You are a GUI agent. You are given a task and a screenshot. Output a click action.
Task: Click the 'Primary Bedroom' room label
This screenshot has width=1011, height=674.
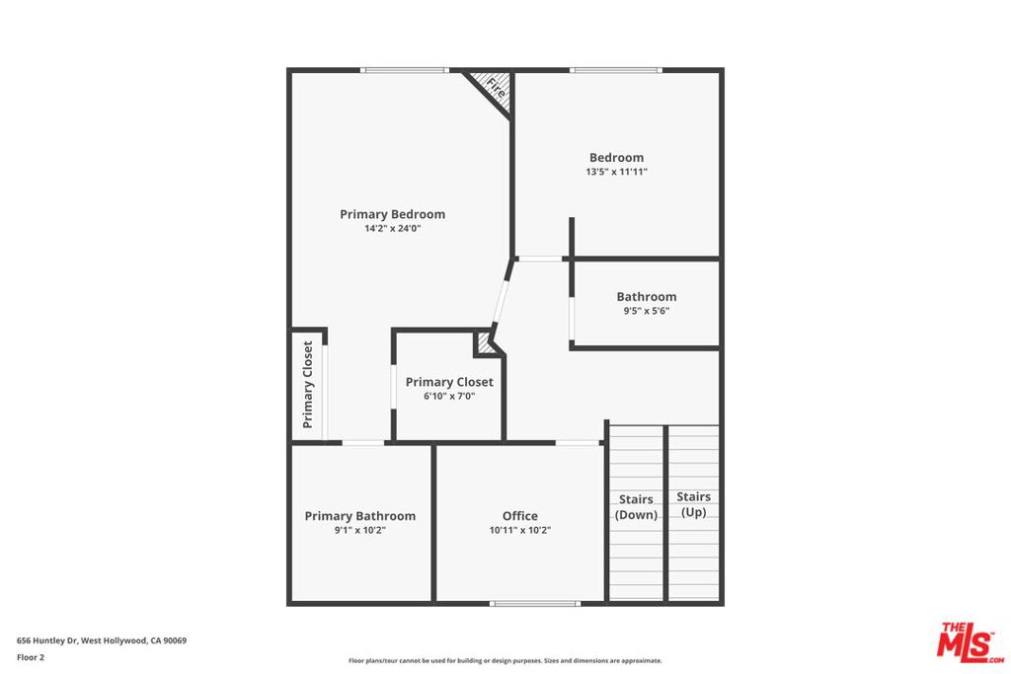(392, 214)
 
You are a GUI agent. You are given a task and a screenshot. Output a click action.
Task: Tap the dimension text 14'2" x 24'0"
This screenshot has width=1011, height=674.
(392, 229)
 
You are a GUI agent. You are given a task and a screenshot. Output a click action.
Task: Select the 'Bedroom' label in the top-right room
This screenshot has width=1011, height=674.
(616, 157)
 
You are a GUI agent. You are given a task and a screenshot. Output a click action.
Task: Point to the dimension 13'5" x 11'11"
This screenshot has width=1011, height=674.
(616, 172)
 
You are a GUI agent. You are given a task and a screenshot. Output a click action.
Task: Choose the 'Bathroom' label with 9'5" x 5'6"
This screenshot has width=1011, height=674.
(647, 296)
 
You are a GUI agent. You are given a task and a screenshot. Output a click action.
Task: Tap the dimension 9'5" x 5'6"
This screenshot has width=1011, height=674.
(647, 311)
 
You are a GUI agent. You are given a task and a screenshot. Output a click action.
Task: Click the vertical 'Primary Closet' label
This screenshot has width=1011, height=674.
(308, 385)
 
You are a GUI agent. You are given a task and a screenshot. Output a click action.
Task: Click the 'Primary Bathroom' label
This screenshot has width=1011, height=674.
(359, 516)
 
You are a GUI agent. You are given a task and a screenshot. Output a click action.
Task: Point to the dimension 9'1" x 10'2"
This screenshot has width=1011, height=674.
(359, 531)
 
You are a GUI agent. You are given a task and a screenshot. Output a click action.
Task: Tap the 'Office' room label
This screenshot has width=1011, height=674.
(519, 516)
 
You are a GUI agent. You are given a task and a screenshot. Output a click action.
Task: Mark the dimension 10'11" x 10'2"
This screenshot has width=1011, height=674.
(519, 531)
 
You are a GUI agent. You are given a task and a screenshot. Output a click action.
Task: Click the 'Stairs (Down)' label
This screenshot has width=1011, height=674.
(636, 507)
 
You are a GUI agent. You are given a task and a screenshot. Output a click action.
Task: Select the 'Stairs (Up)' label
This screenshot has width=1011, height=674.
(693, 504)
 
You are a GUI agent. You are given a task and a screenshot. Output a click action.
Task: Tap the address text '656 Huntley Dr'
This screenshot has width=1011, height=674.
(47, 640)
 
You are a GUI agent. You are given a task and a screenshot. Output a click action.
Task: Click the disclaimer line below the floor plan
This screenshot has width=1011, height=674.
(505, 661)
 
